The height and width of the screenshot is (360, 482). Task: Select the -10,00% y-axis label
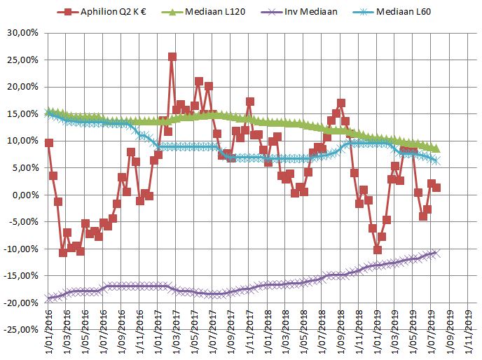pos(24,249)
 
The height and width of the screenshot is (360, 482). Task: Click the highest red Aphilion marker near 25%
pos(172,57)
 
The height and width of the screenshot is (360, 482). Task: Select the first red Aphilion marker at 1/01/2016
pos(48,142)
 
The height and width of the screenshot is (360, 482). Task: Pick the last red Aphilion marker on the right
pos(436,187)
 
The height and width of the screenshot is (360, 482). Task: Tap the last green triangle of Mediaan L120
pos(436,148)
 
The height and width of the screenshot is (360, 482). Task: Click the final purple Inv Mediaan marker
pos(435,253)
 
